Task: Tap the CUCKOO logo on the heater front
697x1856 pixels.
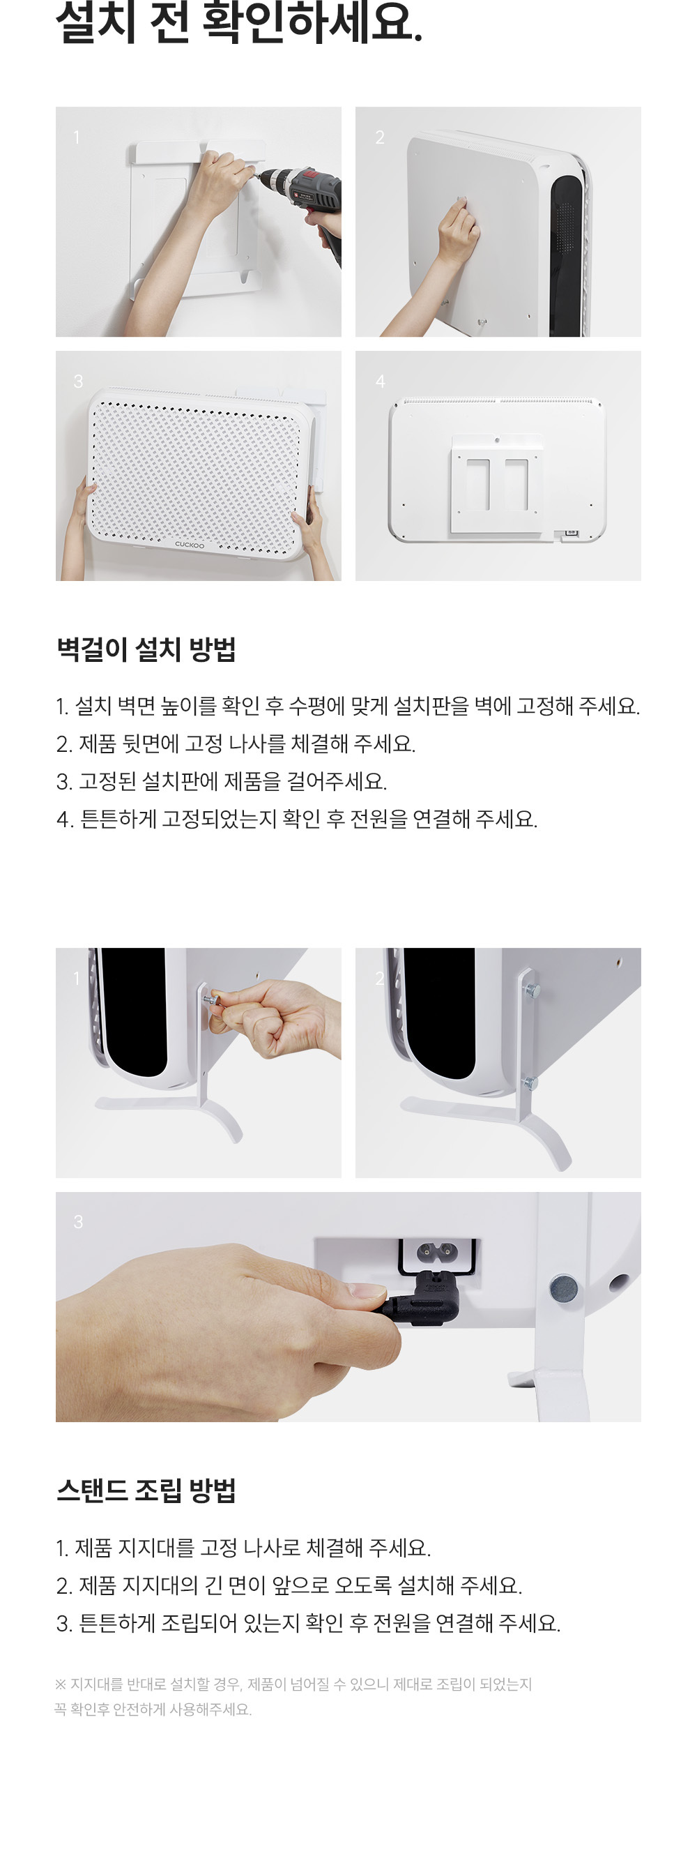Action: click(x=190, y=545)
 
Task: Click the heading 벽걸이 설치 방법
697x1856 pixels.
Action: click(x=146, y=649)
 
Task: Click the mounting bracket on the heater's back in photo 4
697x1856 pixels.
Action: click(x=497, y=483)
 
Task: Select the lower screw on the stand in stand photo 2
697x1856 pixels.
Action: click(x=530, y=1082)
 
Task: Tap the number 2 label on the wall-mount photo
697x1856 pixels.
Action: click(x=379, y=137)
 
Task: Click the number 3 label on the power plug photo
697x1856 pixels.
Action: click(x=78, y=1222)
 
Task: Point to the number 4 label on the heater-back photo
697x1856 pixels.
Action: click(x=380, y=381)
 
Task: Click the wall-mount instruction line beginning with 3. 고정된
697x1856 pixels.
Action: click(x=222, y=781)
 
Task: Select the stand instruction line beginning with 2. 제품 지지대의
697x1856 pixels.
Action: click(x=289, y=1585)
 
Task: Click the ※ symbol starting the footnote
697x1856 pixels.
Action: click(x=61, y=1684)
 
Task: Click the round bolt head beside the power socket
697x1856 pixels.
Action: click(x=563, y=1288)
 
